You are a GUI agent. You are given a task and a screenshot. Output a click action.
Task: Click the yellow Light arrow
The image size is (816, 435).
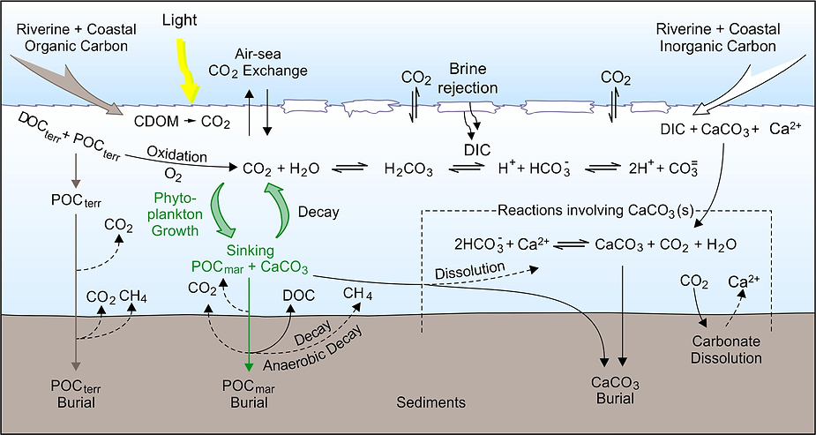tap(190, 71)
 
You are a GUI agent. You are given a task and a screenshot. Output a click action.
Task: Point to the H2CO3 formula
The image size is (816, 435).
tap(408, 166)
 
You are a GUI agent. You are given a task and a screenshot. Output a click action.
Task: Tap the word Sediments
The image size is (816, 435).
tap(430, 402)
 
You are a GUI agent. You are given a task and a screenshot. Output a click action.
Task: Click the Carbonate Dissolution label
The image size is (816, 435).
tap(726, 350)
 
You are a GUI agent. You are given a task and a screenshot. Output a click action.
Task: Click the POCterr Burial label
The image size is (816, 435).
tap(77, 392)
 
